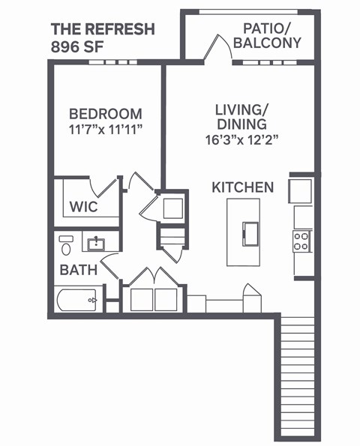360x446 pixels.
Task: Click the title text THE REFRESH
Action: coord(103,29)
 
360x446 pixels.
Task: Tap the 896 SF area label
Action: coord(77,46)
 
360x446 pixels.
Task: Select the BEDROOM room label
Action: coord(105,114)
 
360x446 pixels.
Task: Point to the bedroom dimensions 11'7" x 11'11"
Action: coord(105,129)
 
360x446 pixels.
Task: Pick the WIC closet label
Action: coord(83,206)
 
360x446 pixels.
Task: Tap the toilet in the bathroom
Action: coord(66,244)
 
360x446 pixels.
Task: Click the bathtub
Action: coord(77,301)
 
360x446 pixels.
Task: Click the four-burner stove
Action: coord(302,241)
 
